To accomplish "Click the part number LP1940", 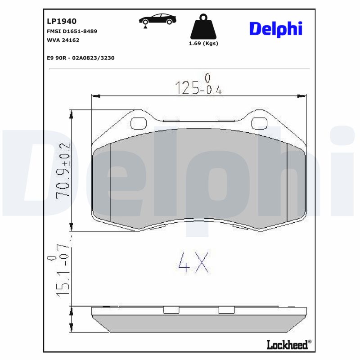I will coord(62,21).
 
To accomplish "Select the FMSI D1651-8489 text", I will coord(72,31).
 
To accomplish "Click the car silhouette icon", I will coord(157,20).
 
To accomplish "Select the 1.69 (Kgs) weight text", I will coord(203,43).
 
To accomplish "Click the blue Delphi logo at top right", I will coord(275,29).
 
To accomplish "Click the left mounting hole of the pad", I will coord(138,123).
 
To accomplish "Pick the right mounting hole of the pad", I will coord(259,123).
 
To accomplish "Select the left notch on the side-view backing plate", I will coord(171,310).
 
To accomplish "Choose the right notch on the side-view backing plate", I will coord(227,310).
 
